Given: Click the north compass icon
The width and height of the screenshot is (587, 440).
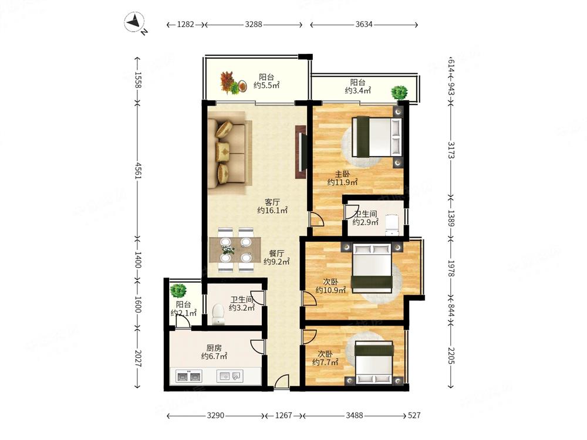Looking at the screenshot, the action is tap(135, 22).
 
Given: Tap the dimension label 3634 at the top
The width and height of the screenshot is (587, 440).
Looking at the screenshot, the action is tap(364, 24).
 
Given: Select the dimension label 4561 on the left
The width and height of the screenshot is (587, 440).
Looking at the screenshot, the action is tap(138, 170).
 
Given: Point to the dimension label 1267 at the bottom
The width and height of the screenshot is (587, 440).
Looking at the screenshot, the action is tap(284, 415).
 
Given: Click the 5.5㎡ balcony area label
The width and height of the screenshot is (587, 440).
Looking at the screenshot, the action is tap(266, 85).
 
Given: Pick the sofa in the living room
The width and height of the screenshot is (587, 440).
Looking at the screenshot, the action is tap(229, 153).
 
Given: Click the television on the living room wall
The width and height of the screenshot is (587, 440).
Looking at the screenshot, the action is tap(302, 152).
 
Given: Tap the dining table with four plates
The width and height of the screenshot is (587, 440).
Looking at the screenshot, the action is tap(235, 249).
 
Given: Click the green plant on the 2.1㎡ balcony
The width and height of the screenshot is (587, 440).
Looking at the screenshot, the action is tap(178, 291).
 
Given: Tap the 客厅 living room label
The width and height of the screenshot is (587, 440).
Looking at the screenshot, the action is tap(272, 202).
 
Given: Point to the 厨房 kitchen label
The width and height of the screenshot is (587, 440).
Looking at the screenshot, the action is tap(214, 348).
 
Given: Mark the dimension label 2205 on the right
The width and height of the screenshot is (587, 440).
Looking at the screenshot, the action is tap(451, 356).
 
